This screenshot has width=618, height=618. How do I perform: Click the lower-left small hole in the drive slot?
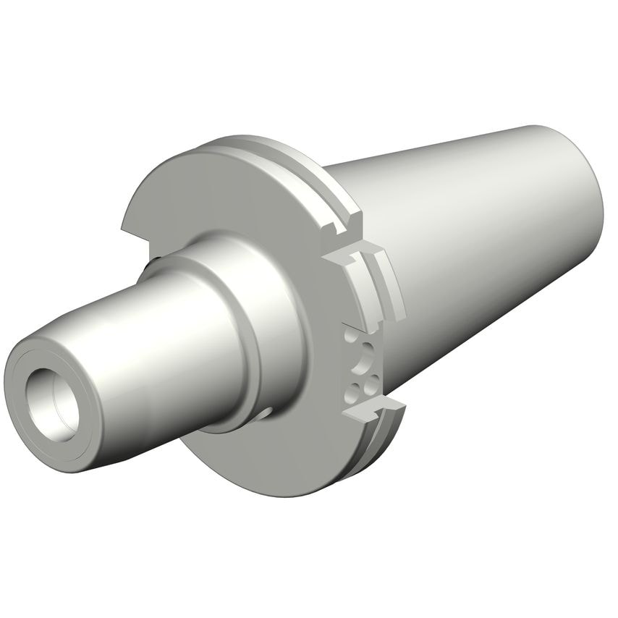point(352,391)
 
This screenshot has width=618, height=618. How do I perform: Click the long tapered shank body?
point(470,239)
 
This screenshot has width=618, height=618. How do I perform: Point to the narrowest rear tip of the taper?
point(586,174)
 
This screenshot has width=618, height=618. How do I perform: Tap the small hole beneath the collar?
point(266,413)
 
